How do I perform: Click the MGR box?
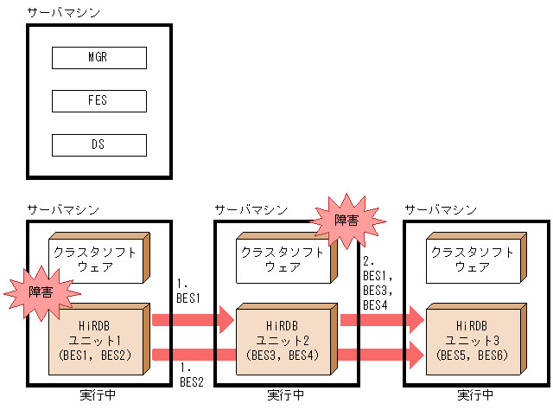(x=99, y=58)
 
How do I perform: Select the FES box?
(x=99, y=101)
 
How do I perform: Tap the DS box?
(x=99, y=144)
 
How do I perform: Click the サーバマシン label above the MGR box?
(x=63, y=12)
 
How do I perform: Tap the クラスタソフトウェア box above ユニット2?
(x=283, y=259)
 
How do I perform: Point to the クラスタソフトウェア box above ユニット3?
(x=474, y=259)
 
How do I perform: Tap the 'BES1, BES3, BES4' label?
(x=378, y=284)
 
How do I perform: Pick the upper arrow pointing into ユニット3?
(x=381, y=321)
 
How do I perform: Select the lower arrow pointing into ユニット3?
(x=381, y=352)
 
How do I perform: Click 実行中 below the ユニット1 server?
(x=96, y=395)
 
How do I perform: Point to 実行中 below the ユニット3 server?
(x=476, y=395)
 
